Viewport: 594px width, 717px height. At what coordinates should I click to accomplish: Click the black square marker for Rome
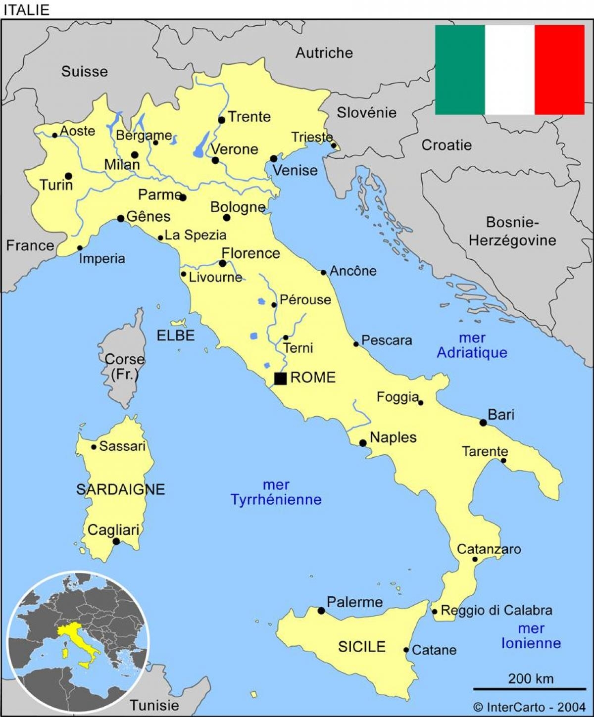click(x=280, y=379)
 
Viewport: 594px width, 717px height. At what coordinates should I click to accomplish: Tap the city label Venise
click(x=295, y=170)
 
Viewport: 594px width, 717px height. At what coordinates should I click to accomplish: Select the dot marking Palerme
click(x=321, y=611)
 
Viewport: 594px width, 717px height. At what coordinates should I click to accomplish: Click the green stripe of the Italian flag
click(x=459, y=70)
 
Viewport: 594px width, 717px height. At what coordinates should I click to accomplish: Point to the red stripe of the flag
click(x=559, y=70)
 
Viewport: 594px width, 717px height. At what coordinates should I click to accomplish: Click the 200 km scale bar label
click(x=530, y=678)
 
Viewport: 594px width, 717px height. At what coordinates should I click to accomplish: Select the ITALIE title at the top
click(x=26, y=10)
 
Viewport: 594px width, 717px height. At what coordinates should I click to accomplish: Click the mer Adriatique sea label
click(x=472, y=345)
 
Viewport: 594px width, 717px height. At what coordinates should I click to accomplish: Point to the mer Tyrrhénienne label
click(x=276, y=492)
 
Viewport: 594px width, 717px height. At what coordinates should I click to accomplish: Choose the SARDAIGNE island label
click(x=120, y=489)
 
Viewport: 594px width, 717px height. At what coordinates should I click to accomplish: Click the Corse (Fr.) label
click(x=125, y=367)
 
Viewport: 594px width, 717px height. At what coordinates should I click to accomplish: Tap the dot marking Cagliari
click(x=116, y=541)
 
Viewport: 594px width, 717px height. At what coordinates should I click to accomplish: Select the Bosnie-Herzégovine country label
click(x=512, y=231)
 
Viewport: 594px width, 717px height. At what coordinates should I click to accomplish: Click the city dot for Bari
click(x=483, y=423)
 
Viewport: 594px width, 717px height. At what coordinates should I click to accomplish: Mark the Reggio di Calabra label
click(x=496, y=611)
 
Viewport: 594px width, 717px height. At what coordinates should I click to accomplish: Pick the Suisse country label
click(x=84, y=72)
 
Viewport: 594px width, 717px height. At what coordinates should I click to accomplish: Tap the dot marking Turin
click(x=68, y=176)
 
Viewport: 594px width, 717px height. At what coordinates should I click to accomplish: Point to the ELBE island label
click(x=176, y=335)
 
